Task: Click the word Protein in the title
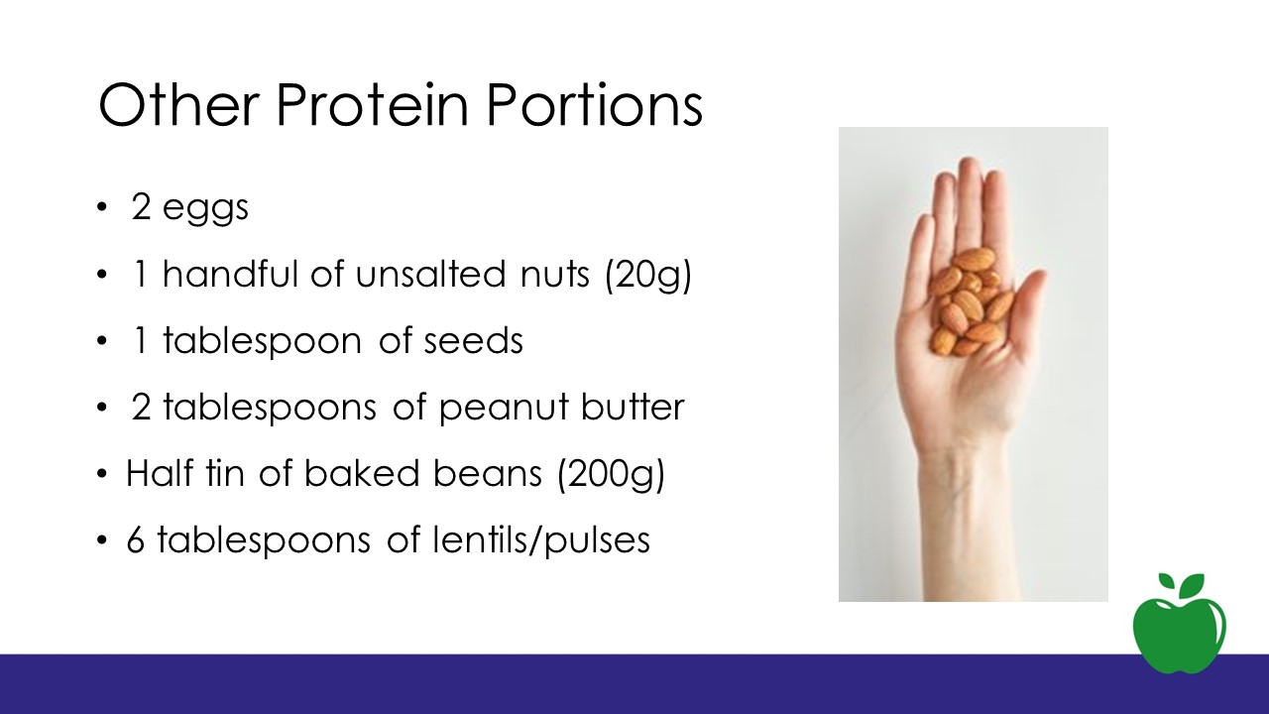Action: coord(372,105)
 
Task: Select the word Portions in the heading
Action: coord(595,105)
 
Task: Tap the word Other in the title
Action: coord(179,105)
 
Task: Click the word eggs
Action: coord(205,209)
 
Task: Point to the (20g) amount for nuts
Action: coord(648,276)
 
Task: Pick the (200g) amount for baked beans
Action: coord(611,475)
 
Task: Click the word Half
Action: coord(160,473)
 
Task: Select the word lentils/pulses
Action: coord(541,541)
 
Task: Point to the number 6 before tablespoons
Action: coord(136,540)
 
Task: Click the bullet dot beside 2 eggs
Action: coord(101,208)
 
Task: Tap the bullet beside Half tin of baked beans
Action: coord(101,474)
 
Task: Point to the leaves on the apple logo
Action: coord(1182,585)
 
